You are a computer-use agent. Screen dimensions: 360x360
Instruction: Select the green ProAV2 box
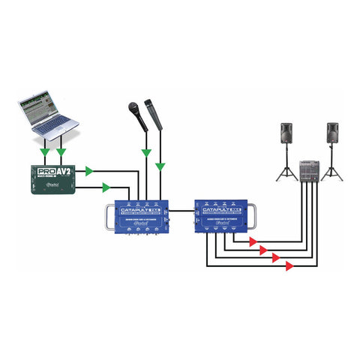point(54,178)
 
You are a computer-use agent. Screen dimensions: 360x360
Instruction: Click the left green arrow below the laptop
point(46,151)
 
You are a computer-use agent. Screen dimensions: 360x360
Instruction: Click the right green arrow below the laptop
point(61,151)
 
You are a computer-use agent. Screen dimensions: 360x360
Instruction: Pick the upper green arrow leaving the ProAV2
point(90,171)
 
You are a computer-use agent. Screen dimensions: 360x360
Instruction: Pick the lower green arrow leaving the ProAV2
point(106,187)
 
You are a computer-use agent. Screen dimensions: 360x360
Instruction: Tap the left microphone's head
point(133,107)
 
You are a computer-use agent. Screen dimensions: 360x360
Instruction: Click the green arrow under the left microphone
point(145,152)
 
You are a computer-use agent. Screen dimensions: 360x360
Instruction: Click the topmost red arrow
point(253,241)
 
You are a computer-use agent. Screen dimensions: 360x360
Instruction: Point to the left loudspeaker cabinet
point(286,136)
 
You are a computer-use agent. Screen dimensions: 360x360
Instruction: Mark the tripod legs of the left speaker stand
point(286,173)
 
